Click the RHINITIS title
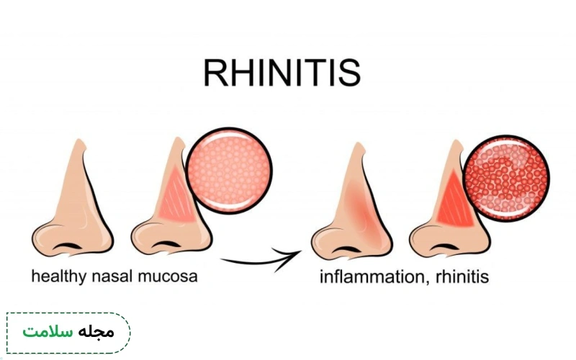282,73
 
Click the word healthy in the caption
58,276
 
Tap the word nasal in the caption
112,276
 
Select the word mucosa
168,276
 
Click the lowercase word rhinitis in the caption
462,276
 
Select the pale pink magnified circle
229,171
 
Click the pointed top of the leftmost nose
79,140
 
